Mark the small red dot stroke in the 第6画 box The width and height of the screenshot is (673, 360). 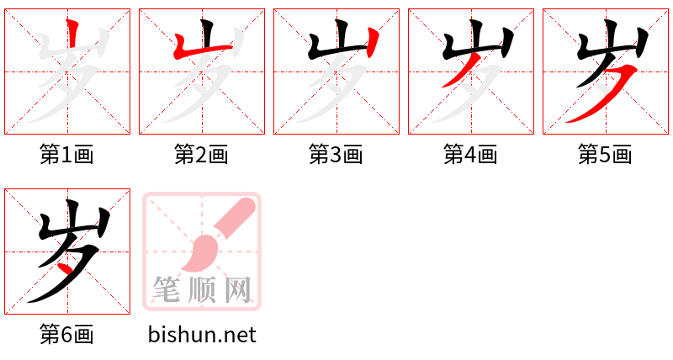pyautogui.click(x=66, y=269)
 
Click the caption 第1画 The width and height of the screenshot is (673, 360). pyautogui.click(x=67, y=155)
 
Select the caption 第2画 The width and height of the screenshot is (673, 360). pyautogui.click(x=201, y=155)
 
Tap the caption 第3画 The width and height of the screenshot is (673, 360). pyautogui.click(x=336, y=155)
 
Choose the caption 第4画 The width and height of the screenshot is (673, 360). pyautogui.click(x=470, y=155)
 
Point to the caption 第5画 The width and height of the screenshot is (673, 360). pyautogui.click(x=605, y=155)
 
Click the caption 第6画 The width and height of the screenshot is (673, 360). pyautogui.click(x=67, y=335)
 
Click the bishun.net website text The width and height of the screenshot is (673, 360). pyautogui.click(x=202, y=335)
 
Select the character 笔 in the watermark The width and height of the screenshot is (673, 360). pyautogui.click(x=166, y=289)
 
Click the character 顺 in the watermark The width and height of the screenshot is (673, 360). pyautogui.click(x=202, y=289)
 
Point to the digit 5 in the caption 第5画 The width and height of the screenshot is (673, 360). pyautogui.click(x=605, y=155)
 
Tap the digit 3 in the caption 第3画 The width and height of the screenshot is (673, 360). pyautogui.click(x=336, y=155)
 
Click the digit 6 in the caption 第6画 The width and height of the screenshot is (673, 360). pyautogui.click(x=67, y=335)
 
